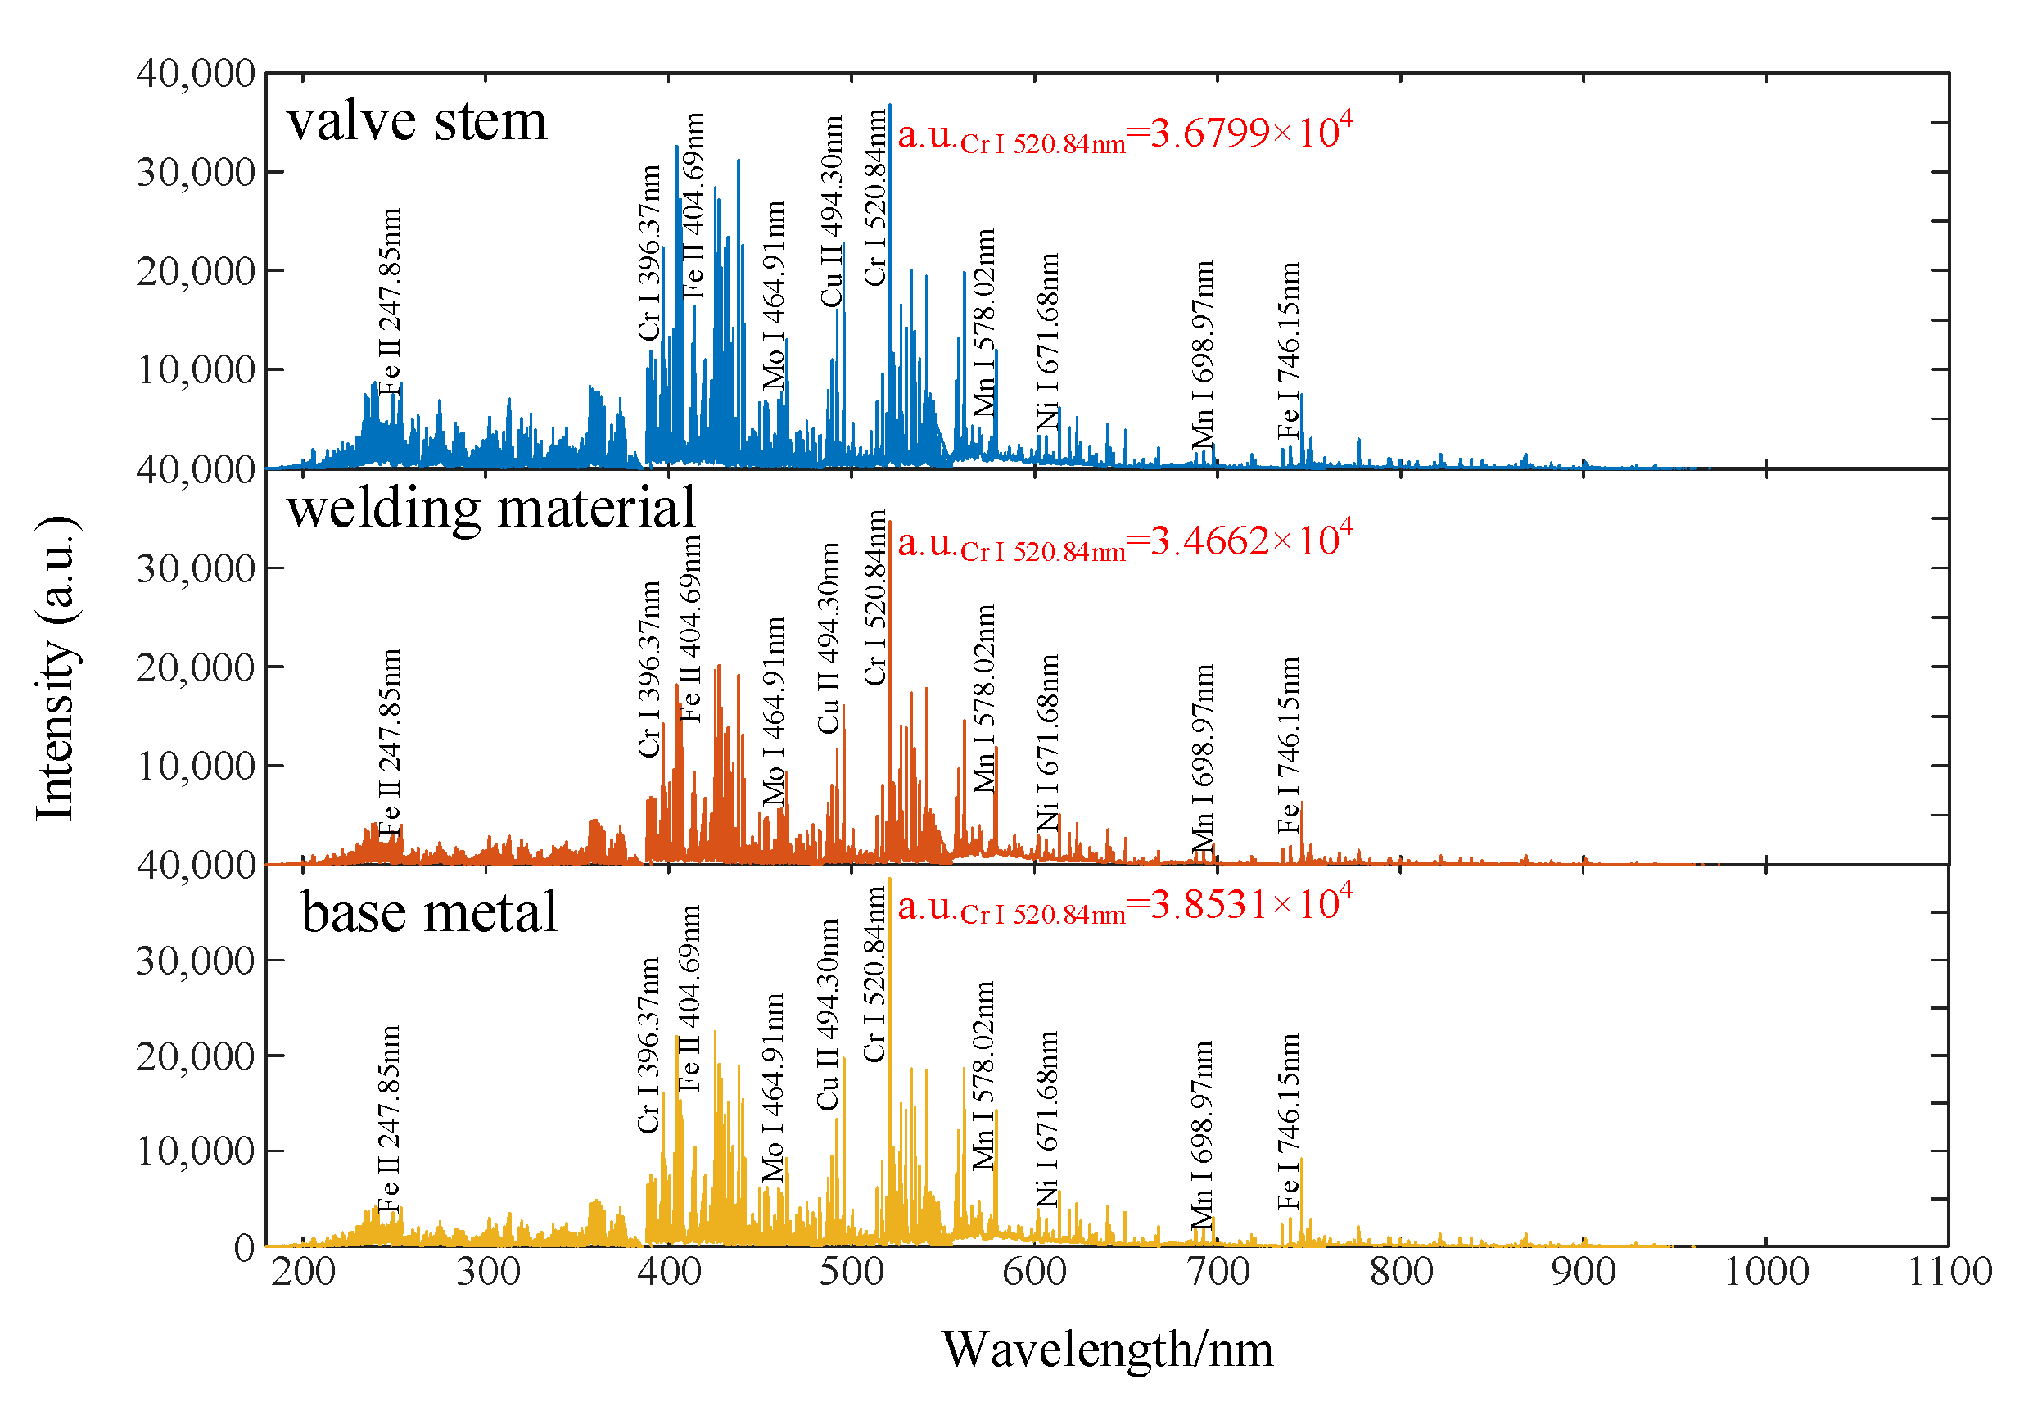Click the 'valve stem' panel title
pos(416,121)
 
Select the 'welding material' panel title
pos(491,509)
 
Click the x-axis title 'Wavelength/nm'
pos(1107,1350)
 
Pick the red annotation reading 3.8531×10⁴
pos(1124,905)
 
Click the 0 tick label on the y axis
pos(244,1248)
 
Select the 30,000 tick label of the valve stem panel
pos(196,173)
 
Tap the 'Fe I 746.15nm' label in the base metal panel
pos(1289,1121)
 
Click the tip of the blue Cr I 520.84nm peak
pos(889,105)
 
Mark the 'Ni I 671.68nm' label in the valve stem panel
pos(1047,341)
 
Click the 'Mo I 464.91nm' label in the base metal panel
pos(773,1088)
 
